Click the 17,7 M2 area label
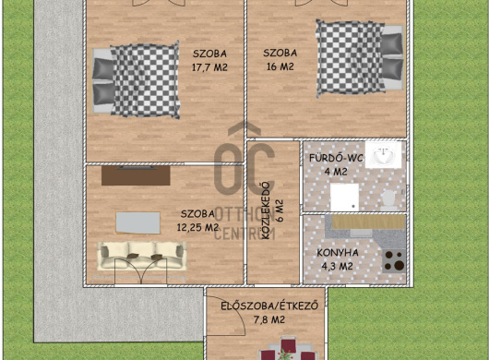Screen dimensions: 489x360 [209, 67]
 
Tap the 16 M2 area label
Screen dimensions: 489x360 [280, 66]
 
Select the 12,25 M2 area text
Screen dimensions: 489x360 [197, 227]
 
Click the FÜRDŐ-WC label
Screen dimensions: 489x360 [336, 158]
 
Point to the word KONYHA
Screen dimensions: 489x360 [338, 253]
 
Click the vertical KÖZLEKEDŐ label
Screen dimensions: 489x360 [267, 210]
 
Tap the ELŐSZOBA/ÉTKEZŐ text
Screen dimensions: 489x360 [269, 306]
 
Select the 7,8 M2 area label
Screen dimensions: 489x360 [269, 319]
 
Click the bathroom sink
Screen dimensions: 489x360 [383, 155]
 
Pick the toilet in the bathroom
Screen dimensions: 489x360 [389, 199]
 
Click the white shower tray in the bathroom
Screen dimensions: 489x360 [345, 197]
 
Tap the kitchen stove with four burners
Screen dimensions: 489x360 [394, 261]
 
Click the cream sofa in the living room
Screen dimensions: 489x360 [142, 256]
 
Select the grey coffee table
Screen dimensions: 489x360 [138, 222]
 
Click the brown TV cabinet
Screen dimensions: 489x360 [136, 175]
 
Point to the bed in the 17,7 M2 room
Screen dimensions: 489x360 [137, 80]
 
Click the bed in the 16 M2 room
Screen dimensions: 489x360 [360, 58]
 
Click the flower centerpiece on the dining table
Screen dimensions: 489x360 [285, 354]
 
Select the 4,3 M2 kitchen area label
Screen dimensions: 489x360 [337, 267]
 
